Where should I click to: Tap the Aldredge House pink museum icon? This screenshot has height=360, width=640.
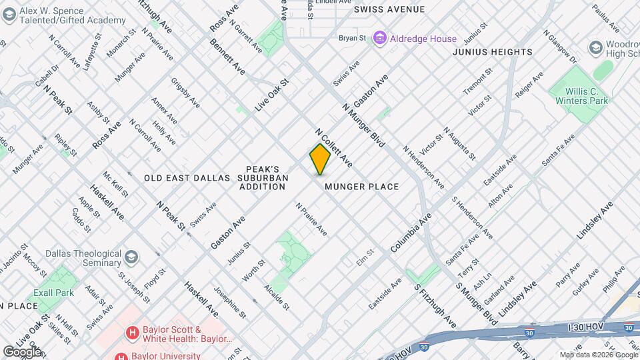pos(380,38)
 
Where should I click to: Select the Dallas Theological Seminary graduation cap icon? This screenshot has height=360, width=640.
pos(131,256)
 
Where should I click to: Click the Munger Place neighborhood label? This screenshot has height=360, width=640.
pos(362,187)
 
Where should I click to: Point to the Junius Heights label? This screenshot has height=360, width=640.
pos(492,52)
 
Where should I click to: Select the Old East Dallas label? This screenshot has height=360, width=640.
pos(187,178)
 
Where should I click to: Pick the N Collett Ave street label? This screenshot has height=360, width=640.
pos(333,148)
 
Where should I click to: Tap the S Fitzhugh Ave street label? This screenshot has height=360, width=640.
pos(434,305)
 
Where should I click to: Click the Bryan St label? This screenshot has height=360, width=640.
pos(353,39)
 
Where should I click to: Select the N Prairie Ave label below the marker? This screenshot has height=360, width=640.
pos(311,219)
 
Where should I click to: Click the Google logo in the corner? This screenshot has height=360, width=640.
pos(21,351)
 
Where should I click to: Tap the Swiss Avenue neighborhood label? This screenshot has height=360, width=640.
pos(389,9)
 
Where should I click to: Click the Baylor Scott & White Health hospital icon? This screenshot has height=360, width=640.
pos(133,331)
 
